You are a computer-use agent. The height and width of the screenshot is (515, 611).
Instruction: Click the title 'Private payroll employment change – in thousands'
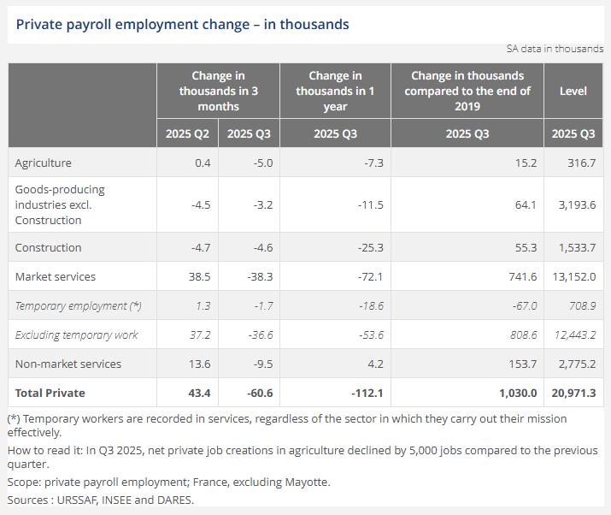click(182, 24)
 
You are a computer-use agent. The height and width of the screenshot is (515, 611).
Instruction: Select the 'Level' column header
click(573, 91)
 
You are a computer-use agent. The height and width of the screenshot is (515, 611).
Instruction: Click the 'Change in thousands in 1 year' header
click(335, 91)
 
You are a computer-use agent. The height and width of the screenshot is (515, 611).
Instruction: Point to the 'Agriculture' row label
click(44, 163)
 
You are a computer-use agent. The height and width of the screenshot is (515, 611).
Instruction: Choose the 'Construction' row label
click(49, 247)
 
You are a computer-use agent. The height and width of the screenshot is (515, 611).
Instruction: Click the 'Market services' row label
click(56, 276)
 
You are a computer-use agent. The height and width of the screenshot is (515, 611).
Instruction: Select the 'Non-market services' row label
click(68, 364)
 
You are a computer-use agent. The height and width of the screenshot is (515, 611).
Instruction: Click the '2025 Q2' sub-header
click(187, 133)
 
